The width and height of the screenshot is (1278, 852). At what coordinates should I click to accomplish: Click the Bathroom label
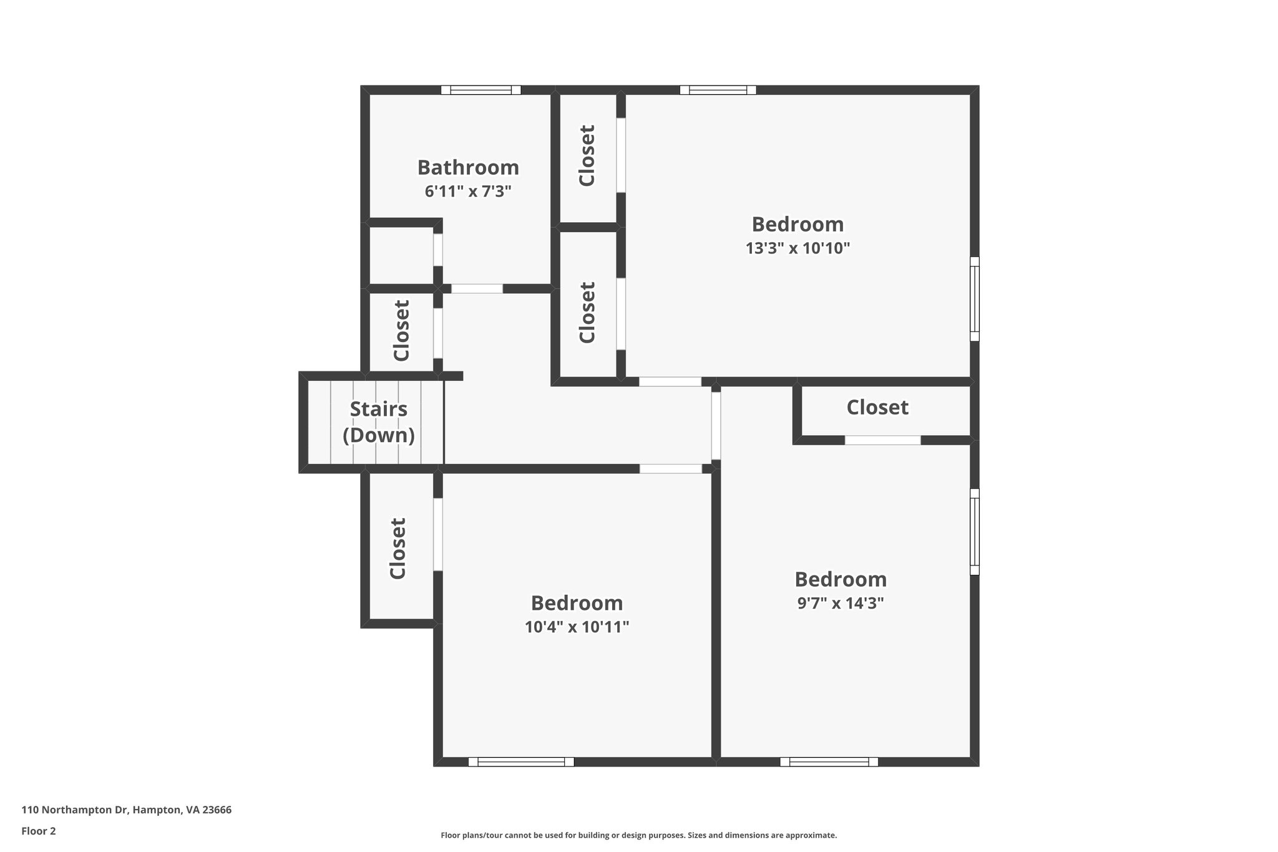coord(468,167)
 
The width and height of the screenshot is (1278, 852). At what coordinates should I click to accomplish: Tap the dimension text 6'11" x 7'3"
coord(468,192)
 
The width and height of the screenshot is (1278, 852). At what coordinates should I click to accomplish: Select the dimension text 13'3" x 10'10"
coord(798,248)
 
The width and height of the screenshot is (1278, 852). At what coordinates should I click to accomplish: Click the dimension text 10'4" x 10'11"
coord(577,627)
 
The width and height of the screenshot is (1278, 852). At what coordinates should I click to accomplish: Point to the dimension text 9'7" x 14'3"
coord(840,604)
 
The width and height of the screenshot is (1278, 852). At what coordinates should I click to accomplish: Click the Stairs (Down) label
coord(379,422)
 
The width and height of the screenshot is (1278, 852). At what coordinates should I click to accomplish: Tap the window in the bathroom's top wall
coord(480,90)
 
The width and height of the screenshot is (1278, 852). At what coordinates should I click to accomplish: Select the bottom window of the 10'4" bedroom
coord(520,761)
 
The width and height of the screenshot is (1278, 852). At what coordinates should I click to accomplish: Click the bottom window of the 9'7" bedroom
coord(829,761)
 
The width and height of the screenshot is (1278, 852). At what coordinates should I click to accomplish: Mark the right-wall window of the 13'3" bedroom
coord(974,299)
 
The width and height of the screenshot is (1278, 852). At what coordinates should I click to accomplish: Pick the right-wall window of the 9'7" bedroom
coord(974,532)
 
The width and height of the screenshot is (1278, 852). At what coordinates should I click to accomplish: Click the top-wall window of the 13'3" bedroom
coord(718,90)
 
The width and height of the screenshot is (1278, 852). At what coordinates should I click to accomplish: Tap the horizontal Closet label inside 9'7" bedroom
coord(877,408)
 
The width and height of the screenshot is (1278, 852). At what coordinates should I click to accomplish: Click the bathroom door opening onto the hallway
coord(477,288)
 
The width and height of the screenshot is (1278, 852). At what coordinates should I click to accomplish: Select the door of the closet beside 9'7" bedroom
coord(882,440)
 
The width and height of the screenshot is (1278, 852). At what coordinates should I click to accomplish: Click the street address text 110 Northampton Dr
coord(126,810)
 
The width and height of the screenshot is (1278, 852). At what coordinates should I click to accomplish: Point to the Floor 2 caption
coord(39,831)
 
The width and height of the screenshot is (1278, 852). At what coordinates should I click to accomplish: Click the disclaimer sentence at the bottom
coord(638,835)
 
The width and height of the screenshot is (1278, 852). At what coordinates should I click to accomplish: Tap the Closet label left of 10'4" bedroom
coord(398,548)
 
